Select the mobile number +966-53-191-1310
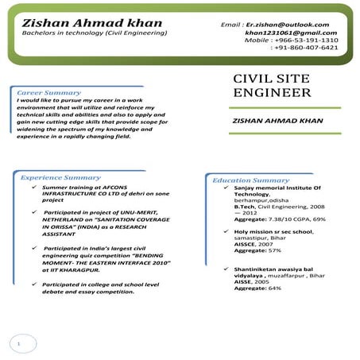pos(305,40)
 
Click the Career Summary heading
pos(49,93)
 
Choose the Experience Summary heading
pos(60,177)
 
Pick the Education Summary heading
pos(250,180)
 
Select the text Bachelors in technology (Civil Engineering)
pos(95,33)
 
